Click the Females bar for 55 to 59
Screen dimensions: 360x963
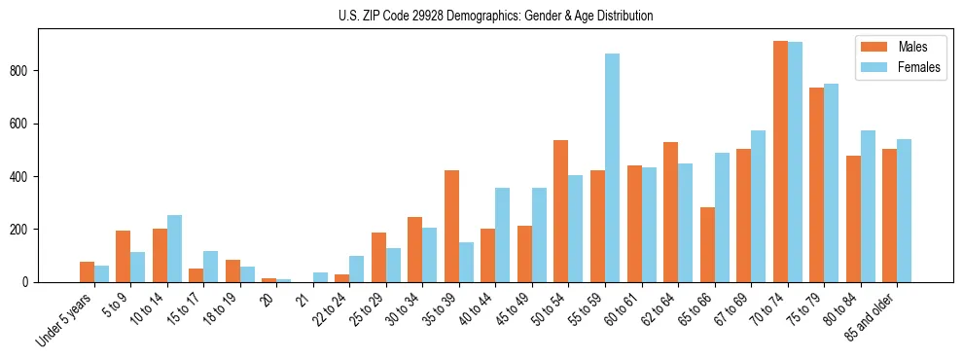(x=613, y=167)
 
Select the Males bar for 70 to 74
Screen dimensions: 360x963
(x=780, y=162)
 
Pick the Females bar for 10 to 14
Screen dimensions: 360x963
(x=175, y=248)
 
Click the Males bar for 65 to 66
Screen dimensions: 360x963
(x=707, y=244)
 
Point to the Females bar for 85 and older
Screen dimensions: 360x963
(x=905, y=210)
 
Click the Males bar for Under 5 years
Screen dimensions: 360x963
(x=88, y=271)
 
